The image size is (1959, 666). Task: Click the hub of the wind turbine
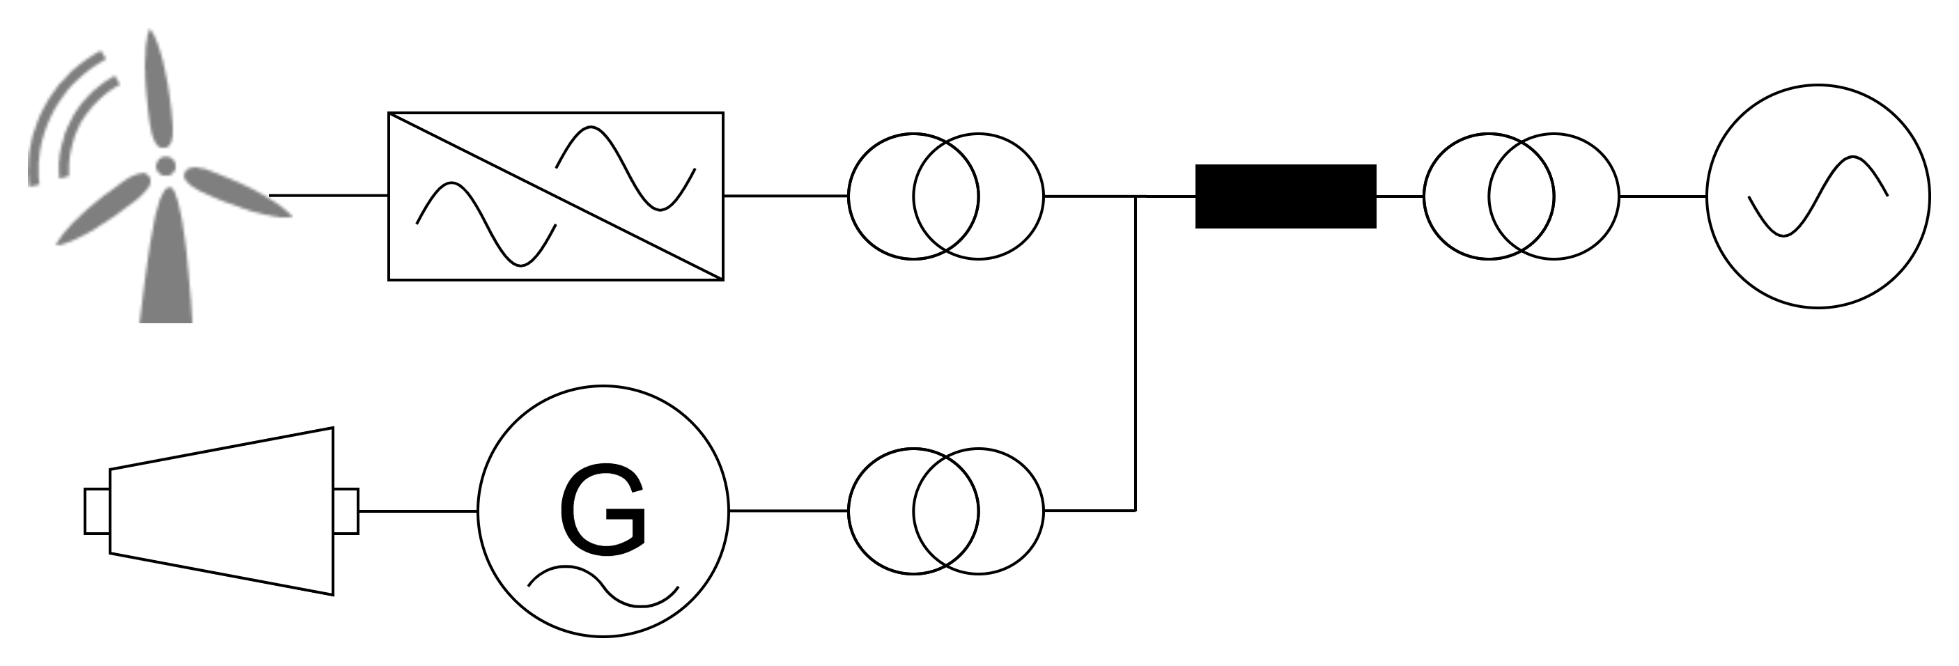(x=165, y=165)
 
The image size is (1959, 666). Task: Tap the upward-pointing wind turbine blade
(x=158, y=88)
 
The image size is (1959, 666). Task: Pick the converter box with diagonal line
(x=556, y=196)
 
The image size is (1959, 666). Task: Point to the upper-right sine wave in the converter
(x=625, y=168)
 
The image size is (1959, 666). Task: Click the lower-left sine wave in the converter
(x=487, y=224)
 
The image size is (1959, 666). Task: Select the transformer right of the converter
(x=946, y=196)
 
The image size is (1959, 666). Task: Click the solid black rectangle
(x=1286, y=196)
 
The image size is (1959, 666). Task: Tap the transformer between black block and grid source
(x=1521, y=196)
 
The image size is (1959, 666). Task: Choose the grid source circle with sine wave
(x=1818, y=196)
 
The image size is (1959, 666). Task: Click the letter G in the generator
(x=603, y=509)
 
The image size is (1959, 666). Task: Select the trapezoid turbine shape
(x=222, y=511)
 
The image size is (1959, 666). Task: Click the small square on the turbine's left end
(x=97, y=511)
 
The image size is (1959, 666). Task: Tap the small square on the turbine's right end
(x=346, y=511)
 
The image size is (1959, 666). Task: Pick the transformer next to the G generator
(x=946, y=511)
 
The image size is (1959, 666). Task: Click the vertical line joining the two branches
(x=1136, y=353)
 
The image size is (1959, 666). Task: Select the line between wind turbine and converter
(x=329, y=195)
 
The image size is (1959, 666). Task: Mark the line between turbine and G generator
(x=418, y=511)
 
